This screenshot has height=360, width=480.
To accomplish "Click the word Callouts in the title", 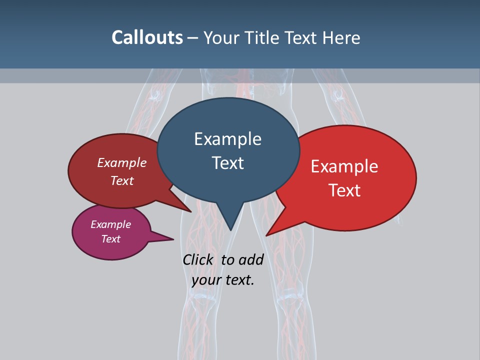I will tap(147, 37).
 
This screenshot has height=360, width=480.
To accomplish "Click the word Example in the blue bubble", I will tap(227, 139).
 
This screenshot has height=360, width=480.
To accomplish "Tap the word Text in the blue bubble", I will tap(227, 163).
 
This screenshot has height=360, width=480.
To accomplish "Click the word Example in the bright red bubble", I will tap(344, 166).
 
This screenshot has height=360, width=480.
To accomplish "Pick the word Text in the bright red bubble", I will tap(344, 190).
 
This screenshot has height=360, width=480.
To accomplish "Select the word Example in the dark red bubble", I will tap(121, 162).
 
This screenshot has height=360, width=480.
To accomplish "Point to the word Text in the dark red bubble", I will tap(121, 180).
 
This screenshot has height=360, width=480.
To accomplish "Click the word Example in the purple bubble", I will tap(110, 224).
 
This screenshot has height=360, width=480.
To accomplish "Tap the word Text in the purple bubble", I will tap(110, 239).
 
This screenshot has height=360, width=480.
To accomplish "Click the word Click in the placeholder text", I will tap(198, 260).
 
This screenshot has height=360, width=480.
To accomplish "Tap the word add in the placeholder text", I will tap(250, 260).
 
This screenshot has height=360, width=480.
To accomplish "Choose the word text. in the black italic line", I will tap(239, 280).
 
